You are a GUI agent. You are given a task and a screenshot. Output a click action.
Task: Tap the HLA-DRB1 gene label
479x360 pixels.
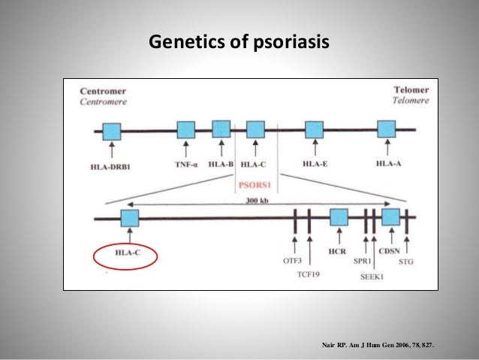[x=110, y=166]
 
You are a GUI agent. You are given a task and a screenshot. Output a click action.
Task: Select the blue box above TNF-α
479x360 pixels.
[x=185, y=130]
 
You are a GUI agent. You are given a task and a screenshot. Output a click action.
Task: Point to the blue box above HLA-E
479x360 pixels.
[x=314, y=129]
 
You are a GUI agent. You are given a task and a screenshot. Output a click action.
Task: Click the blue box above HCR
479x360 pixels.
[x=339, y=218]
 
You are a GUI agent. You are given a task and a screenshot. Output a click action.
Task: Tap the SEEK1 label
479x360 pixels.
[x=373, y=275]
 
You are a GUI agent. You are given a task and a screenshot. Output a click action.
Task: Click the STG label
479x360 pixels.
[x=406, y=261]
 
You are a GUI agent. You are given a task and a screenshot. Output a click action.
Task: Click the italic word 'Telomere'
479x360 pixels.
[x=411, y=100]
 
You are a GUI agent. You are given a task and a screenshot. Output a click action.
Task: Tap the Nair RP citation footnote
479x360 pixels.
[x=378, y=346]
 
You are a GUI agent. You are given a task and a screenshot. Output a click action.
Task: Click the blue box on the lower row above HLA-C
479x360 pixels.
[x=130, y=219]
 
